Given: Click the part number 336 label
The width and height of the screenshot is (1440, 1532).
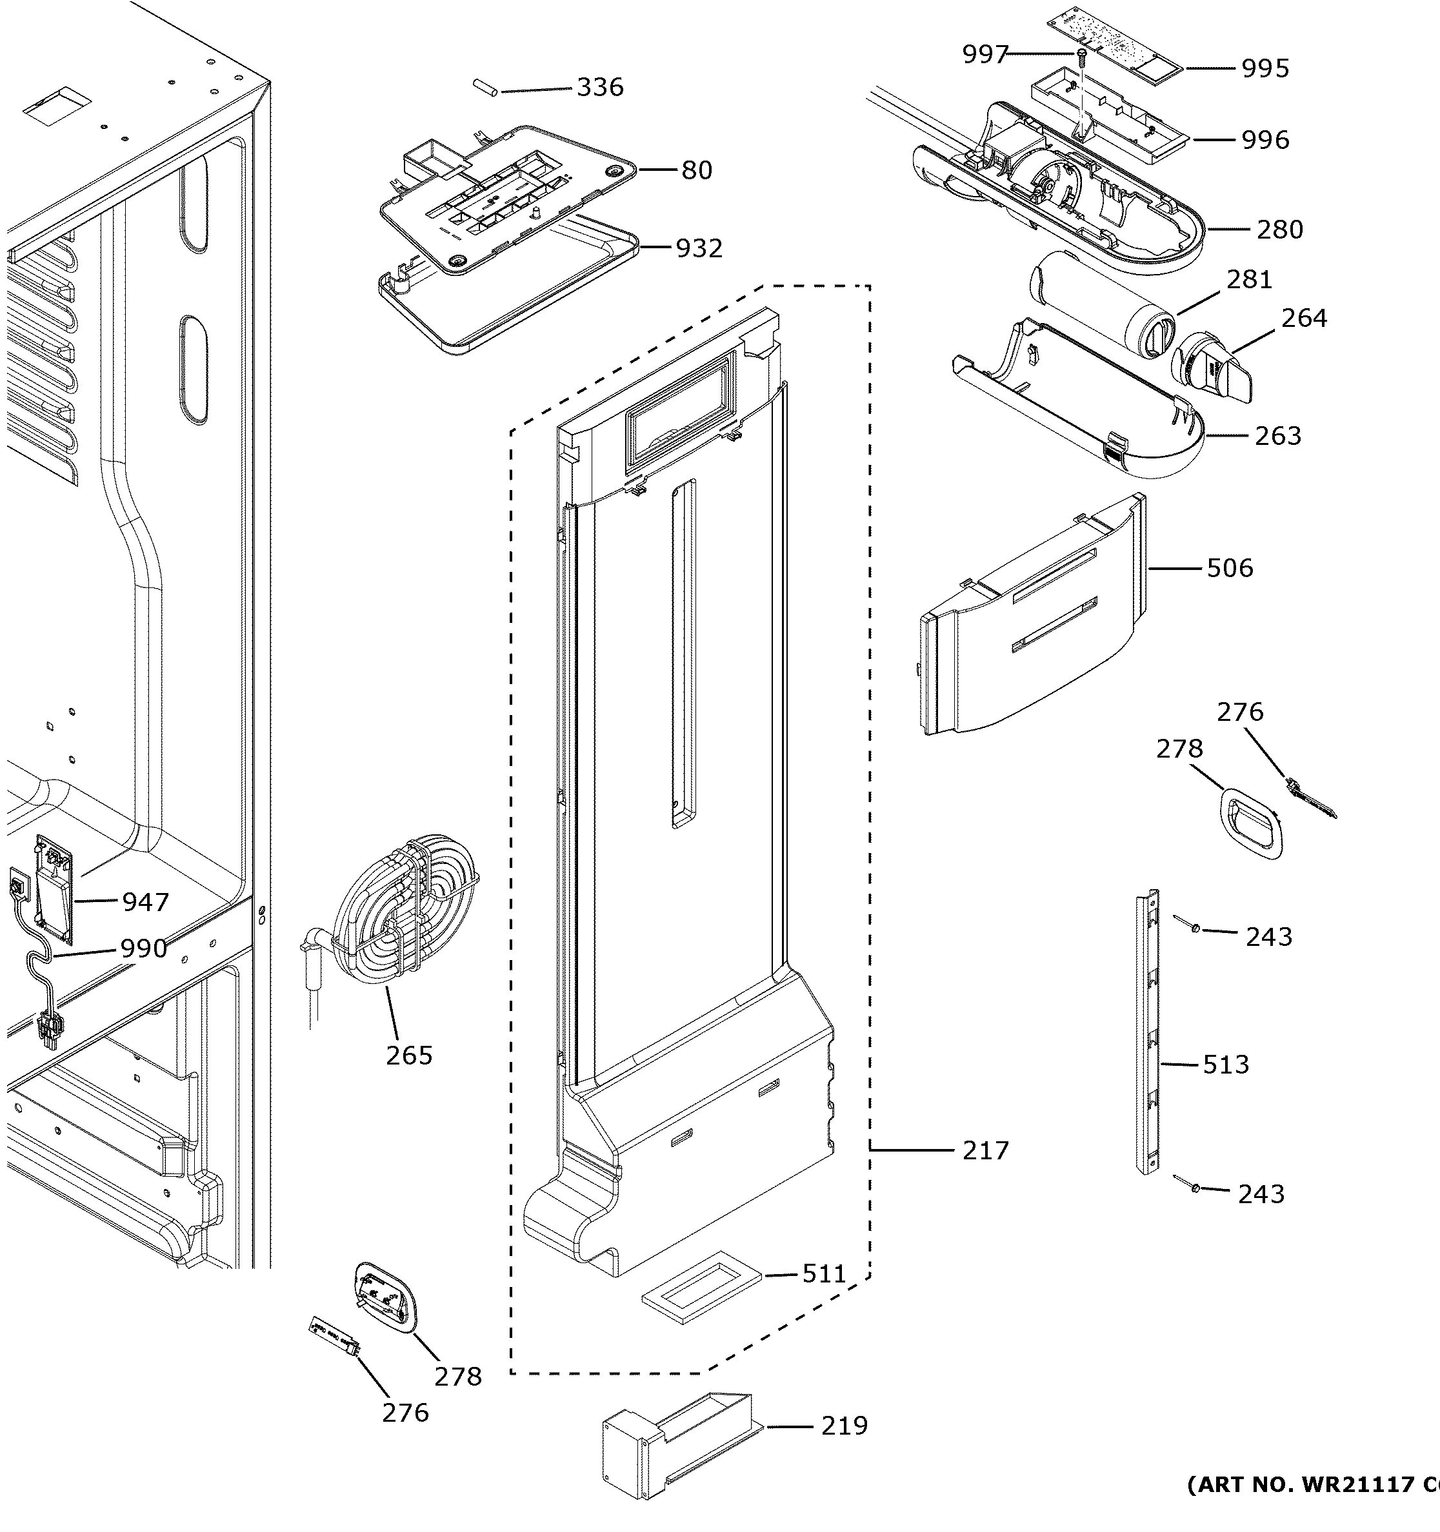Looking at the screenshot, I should [x=600, y=87].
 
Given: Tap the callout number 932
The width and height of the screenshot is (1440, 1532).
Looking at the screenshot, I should [x=699, y=248].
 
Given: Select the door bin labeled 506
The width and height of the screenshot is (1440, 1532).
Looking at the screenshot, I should [x=1033, y=616].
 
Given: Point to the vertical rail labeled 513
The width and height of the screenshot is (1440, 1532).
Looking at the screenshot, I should [x=1147, y=1040].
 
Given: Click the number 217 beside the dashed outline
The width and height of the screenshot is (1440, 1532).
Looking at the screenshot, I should [x=985, y=1172].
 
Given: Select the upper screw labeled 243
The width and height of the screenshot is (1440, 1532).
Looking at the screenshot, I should [x=1194, y=928].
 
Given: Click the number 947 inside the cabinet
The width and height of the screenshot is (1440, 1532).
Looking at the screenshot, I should [x=145, y=901].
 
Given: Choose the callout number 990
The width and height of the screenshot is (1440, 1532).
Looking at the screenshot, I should [x=143, y=948].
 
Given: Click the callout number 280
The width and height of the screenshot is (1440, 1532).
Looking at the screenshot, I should [x=1279, y=229].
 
